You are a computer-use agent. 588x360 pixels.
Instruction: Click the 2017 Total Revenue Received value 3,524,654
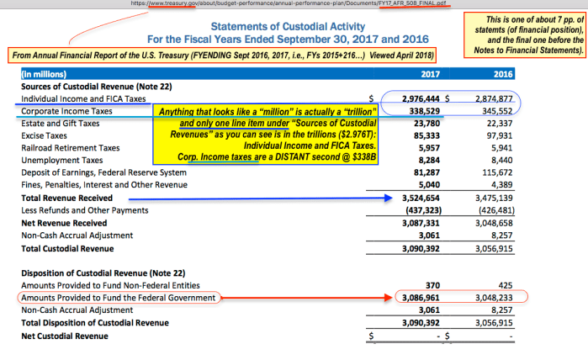coord(420,197)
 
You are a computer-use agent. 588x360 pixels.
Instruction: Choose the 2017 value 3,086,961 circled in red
coord(420,298)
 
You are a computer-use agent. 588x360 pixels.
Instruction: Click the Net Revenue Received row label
coord(64,222)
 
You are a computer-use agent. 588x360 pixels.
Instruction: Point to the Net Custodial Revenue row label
coord(64,336)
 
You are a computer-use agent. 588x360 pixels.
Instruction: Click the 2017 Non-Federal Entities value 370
coord(437,285)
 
